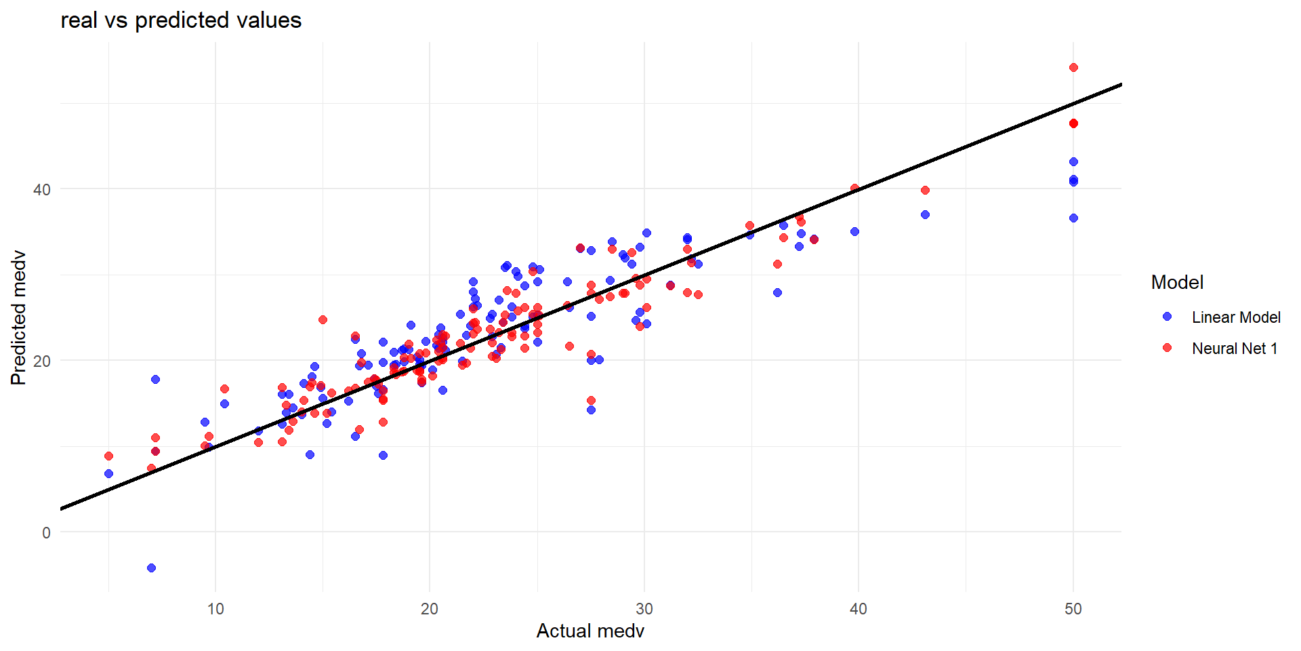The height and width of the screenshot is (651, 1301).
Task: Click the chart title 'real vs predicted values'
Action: tap(181, 20)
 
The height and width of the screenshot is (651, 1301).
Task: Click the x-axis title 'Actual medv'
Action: tap(590, 631)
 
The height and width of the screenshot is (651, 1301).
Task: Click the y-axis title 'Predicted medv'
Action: tap(18, 317)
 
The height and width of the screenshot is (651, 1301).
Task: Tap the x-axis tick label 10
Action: tap(215, 609)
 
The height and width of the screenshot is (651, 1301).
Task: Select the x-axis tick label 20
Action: tap(430, 609)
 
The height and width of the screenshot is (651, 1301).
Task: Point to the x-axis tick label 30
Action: tap(644, 609)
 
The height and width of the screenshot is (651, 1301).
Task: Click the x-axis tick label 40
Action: tap(859, 609)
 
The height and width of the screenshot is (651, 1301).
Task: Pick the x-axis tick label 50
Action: tap(1073, 609)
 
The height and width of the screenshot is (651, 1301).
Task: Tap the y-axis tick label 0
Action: tap(46, 533)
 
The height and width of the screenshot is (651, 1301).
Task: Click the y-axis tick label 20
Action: tap(42, 361)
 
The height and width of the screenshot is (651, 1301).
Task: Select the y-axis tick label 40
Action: tap(42, 190)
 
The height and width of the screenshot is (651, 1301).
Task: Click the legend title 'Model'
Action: tap(1177, 282)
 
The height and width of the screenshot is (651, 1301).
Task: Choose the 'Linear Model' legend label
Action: tap(1236, 317)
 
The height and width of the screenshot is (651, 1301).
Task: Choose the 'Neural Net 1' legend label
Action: tap(1235, 349)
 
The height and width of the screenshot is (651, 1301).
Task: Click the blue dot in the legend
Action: tap(1167, 317)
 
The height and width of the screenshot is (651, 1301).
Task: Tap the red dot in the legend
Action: tap(1167, 348)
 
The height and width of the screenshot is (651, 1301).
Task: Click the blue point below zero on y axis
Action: tap(151, 568)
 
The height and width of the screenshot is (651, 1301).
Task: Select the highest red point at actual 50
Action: tap(1073, 68)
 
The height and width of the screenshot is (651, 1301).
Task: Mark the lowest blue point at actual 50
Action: tap(1073, 218)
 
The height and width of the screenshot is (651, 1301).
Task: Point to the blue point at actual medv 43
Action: tap(925, 214)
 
